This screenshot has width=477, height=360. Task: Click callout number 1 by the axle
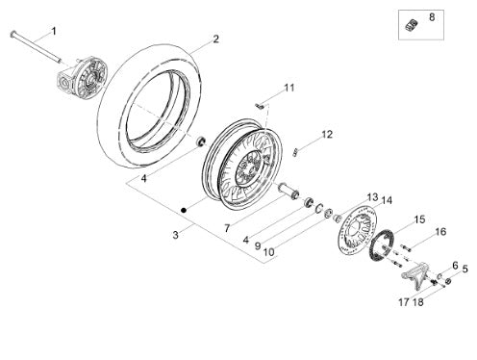[x=54, y=32]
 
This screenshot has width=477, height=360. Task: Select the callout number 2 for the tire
[x=216, y=39]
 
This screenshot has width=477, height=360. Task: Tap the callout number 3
[x=175, y=235]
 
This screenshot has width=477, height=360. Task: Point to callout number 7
[x=227, y=228]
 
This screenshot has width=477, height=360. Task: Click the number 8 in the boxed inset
[x=432, y=17]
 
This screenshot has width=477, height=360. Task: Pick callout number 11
[x=289, y=88]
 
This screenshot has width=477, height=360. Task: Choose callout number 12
[x=327, y=135]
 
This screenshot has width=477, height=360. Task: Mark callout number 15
[x=419, y=219]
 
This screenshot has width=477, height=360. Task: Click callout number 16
[x=441, y=232]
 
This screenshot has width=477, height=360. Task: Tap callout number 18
[x=418, y=302]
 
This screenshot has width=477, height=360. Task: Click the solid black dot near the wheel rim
[x=184, y=210]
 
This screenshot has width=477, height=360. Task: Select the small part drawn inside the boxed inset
[x=412, y=25]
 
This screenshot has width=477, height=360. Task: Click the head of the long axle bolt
[x=13, y=34]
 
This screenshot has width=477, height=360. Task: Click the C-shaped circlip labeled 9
[x=318, y=208]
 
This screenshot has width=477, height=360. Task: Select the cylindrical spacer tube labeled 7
[x=289, y=191]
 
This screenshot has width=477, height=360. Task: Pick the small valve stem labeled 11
[x=260, y=106]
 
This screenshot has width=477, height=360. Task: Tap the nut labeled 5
[x=449, y=281]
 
